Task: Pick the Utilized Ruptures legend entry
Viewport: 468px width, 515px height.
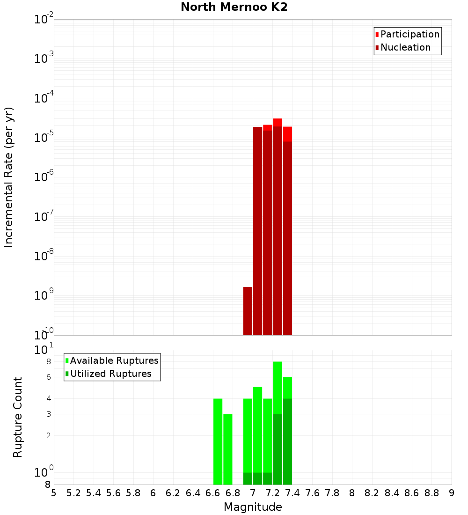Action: [110, 374]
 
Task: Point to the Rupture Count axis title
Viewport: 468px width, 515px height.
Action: [17, 417]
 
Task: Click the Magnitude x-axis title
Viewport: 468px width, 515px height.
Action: [253, 507]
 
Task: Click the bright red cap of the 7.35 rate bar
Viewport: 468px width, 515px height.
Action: [287, 134]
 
